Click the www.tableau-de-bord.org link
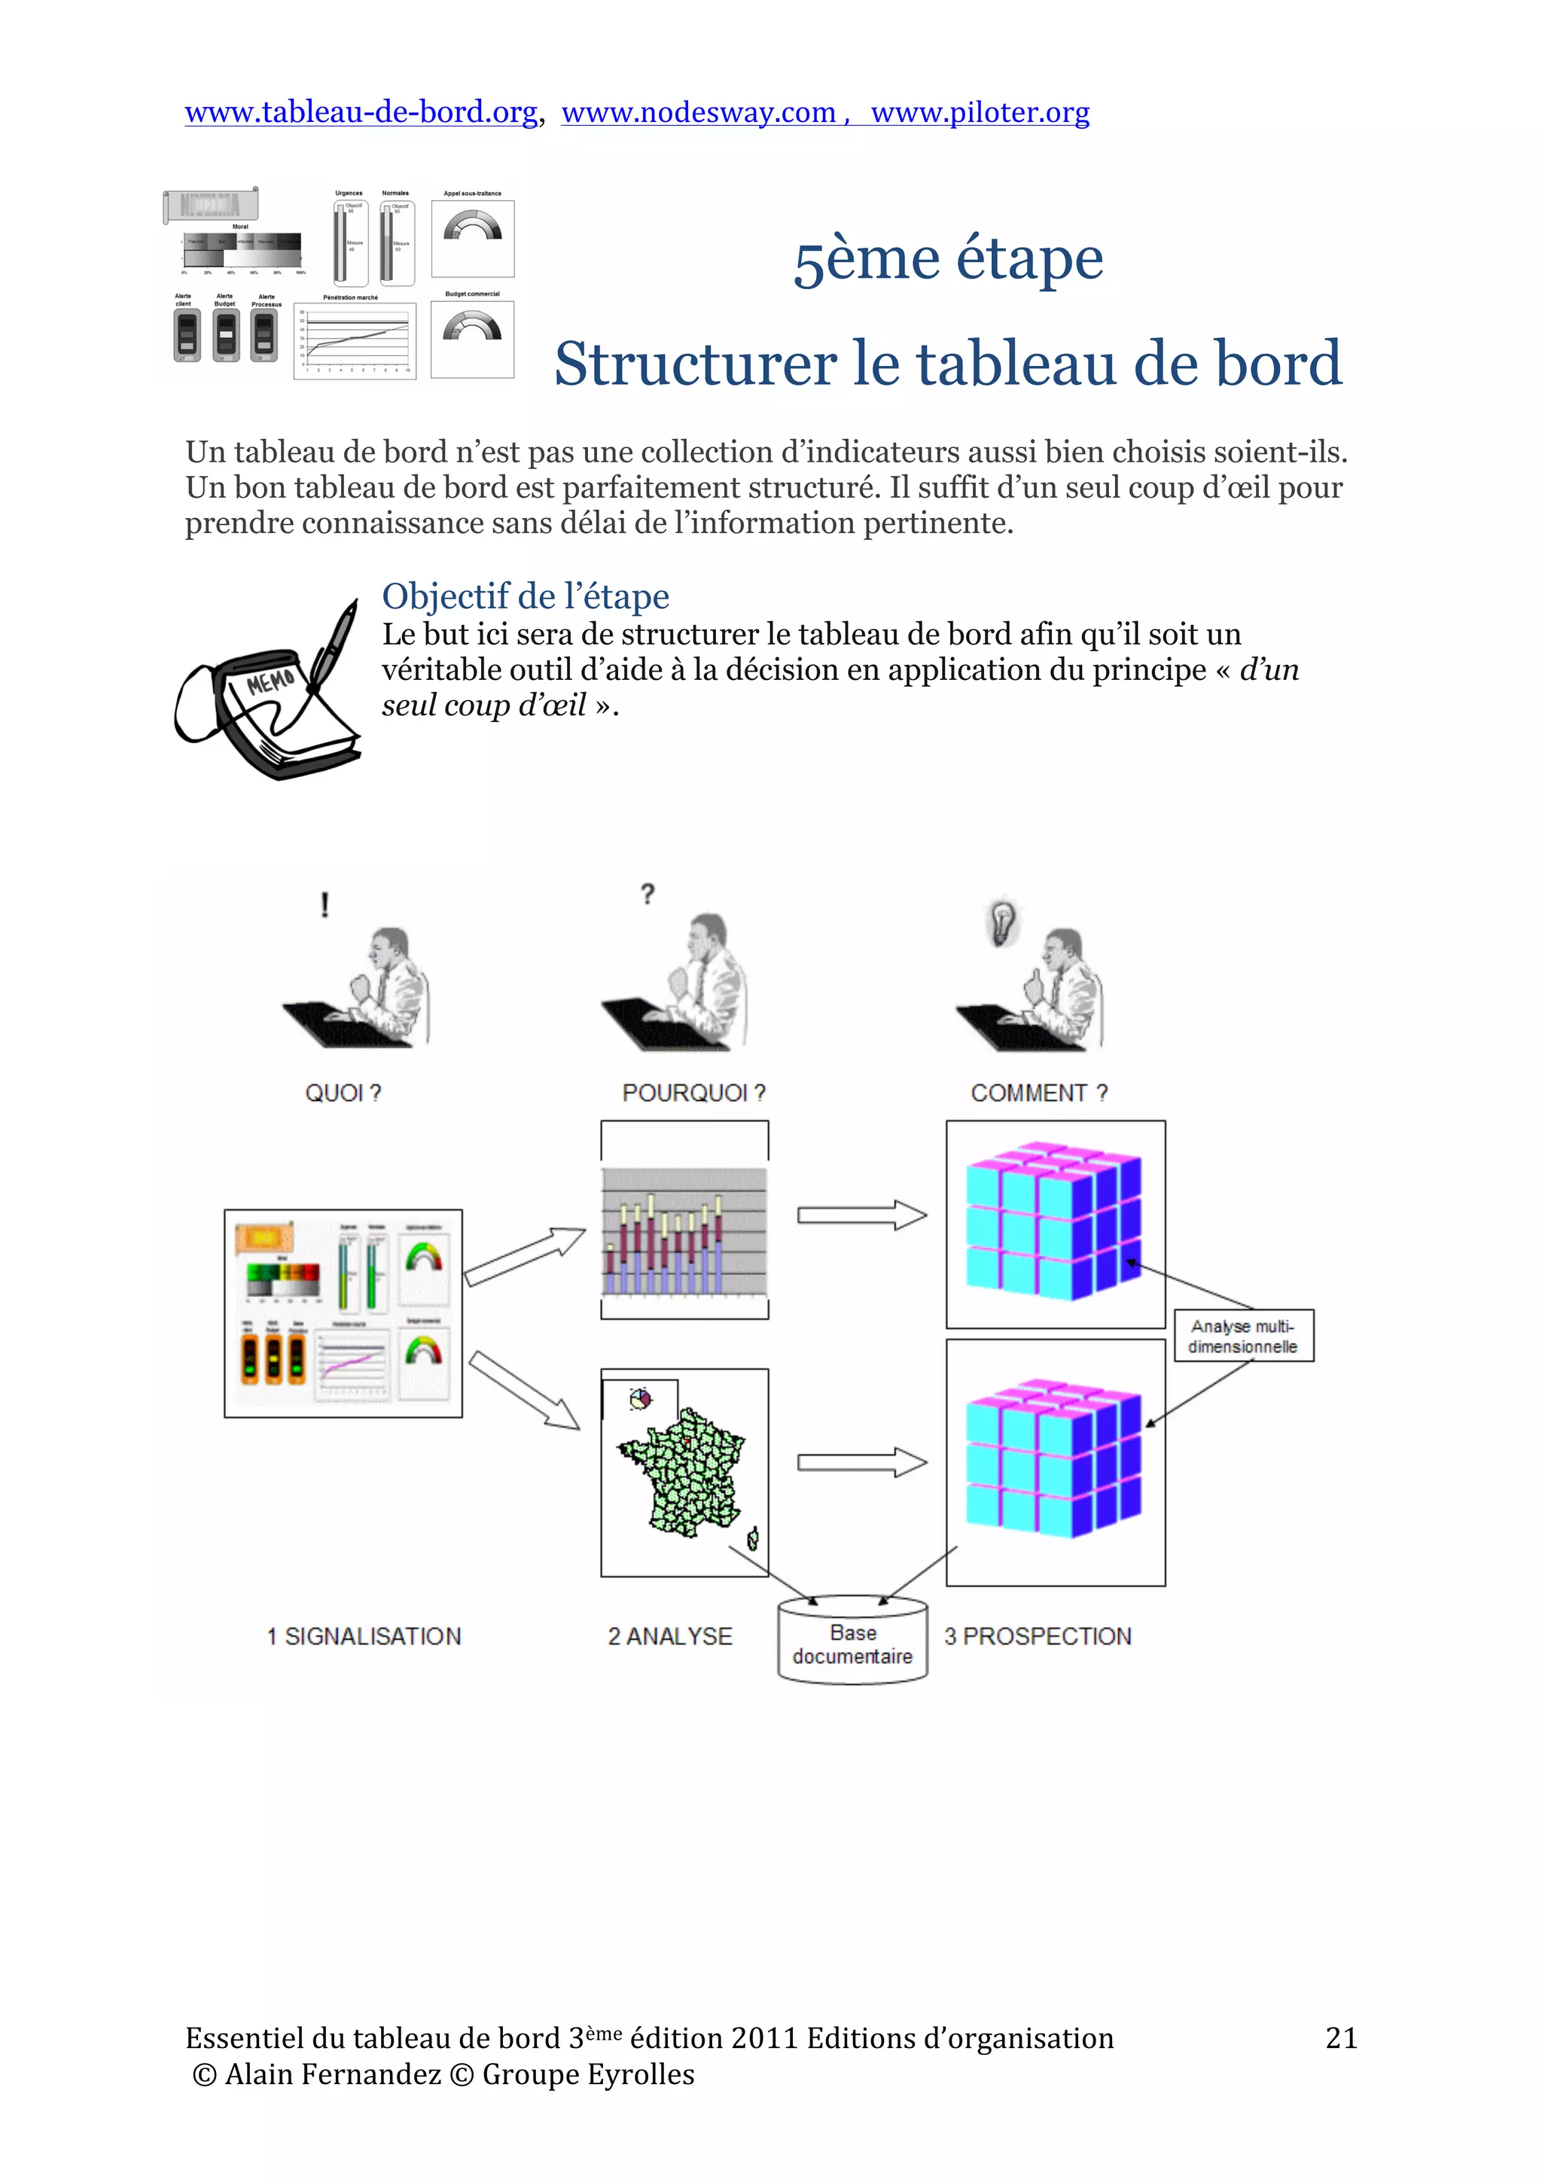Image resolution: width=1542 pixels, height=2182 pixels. click(x=361, y=112)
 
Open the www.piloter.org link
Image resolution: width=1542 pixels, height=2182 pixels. click(x=980, y=112)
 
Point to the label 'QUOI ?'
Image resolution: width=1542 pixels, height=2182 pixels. click(x=343, y=1093)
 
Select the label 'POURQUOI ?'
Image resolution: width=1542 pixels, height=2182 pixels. click(x=693, y=1093)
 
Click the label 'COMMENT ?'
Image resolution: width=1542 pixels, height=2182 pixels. click(x=1038, y=1093)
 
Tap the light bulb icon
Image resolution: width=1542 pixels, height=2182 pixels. click(x=1002, y=920)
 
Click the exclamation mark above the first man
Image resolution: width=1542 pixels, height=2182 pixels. click(x=325, y=904)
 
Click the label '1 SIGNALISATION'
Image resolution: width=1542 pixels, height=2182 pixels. click(x=364, y=1637)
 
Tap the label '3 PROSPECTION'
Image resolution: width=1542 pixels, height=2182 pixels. click(x=1038, y=1637)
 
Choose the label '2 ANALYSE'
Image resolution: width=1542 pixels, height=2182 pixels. click(x=670, y=1637)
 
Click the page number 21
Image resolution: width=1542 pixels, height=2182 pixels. click(x=1340, y=2038)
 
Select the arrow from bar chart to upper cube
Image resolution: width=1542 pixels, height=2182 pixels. click(x=861, y=1215)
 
